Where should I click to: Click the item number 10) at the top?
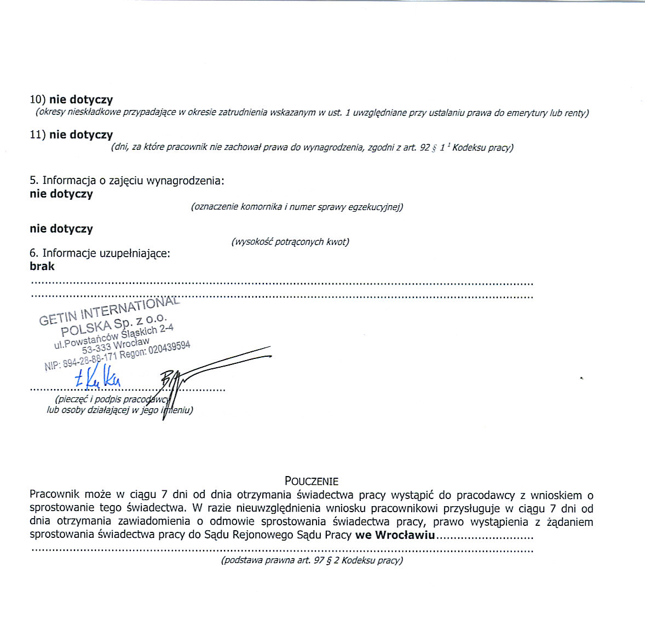click(x=38, y=100)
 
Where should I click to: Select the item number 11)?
click(x=38, y=135)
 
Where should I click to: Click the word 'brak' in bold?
click(x=42, y=266)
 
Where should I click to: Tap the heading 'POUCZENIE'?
click(x=312, y=481)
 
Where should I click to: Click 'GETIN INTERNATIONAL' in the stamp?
click(x=109, y=310)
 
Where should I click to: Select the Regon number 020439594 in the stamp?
click(x=169, y=348)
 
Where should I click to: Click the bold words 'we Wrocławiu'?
click(x=395, y=535)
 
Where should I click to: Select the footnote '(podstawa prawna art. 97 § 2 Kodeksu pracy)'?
click(x=312, y=560)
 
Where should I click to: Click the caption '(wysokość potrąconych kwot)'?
click(x=290, y=242)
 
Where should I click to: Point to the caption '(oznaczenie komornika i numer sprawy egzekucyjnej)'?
click(x=297, y=207)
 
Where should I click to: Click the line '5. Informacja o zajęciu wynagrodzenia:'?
click(x=127, y=181)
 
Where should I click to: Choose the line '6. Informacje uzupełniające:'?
click(x=100, y=253)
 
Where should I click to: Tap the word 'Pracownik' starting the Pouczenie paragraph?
click(x=53, y=495)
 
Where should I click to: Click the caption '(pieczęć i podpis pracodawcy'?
click(x=112, y=399)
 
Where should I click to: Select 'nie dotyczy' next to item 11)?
click(x=81, y=135)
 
